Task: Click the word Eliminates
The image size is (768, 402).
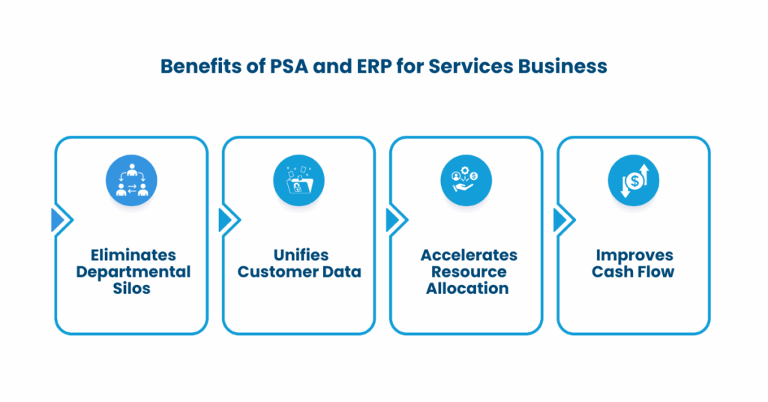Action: point(133,255)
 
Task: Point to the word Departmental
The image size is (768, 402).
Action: point(133,271)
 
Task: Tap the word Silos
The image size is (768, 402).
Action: point(133,288)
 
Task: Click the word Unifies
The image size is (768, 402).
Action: point(299,255)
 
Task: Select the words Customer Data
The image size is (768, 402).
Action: point(299,271)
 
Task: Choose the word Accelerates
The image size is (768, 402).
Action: point(466,255)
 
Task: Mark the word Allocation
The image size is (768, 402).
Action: point(466,288)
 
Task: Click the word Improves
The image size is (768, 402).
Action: point(634,255)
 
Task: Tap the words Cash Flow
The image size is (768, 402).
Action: point(634,271)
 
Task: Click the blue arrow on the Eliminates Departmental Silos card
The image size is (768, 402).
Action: point(58,220)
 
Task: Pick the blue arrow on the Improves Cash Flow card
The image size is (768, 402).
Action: point(560,220)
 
